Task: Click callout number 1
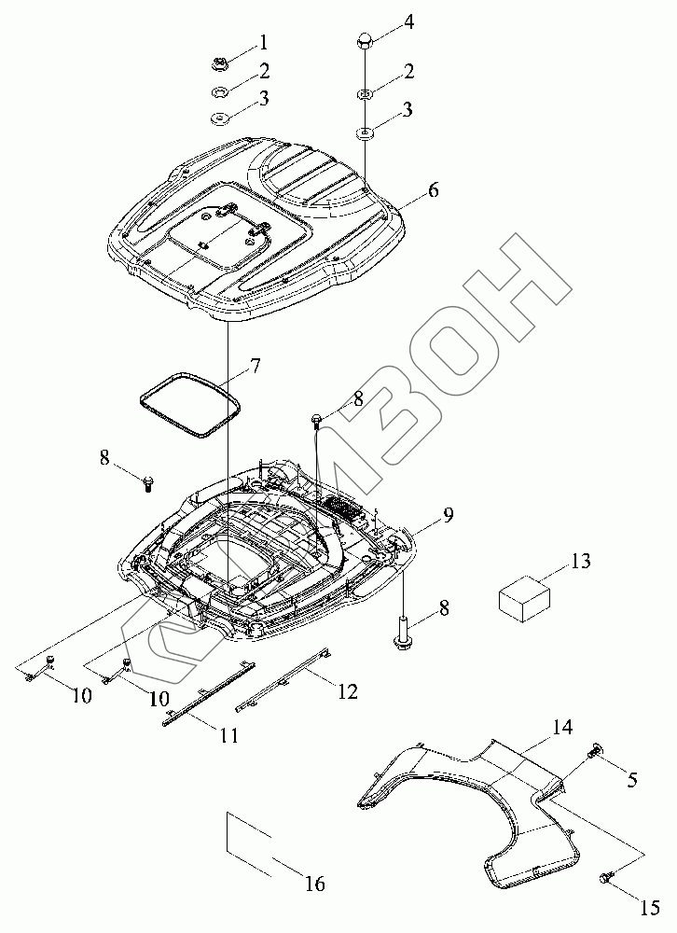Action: pyautogui.click(x=264, y=42)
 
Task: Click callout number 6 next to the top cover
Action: pyautogui.click(x=433, y=190)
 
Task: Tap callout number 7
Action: pyautogui.click(x=228, y=365)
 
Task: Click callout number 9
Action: pyautogui.click(x=449, y=515)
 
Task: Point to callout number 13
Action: pyautogui.click(x=580, y=562)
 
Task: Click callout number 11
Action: pyautogui.click(x=229, y=735)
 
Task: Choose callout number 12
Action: pyautogui.click(x=347, y=692)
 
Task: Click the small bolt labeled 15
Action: pyautogui.click(x=606, y=878)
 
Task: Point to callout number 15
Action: pyautogui.click(x=651, y=906)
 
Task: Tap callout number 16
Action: pyautogui.click(x=315, y=884)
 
